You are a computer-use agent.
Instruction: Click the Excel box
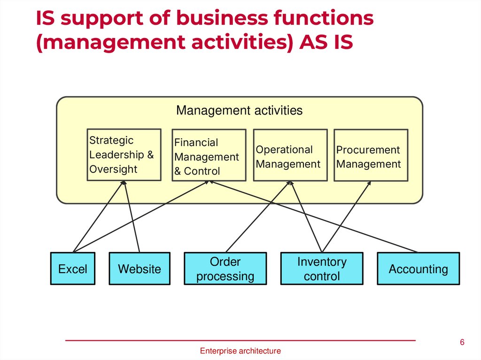72,269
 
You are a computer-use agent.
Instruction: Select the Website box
139,269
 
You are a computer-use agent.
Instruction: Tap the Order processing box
225,269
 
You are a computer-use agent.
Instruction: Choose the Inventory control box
322,269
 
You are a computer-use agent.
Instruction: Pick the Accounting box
418,269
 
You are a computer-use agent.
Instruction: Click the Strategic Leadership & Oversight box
124,155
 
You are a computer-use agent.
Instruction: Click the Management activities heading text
239,111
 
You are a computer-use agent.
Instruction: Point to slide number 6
462,342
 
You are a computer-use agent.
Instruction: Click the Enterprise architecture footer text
240,351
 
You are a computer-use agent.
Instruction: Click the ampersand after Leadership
151,155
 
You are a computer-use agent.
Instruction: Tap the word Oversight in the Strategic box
113,169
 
